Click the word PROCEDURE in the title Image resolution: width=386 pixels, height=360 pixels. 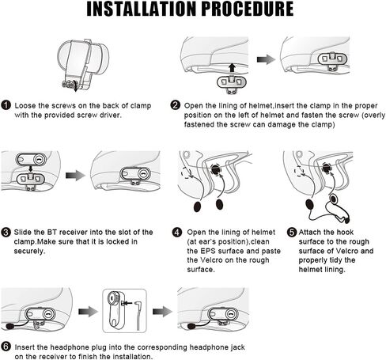pos(248,9)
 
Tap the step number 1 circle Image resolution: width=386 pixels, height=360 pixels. pos(6,105)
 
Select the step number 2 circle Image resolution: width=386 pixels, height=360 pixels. pos(176,105)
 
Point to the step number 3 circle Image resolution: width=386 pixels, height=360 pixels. pos(6,232)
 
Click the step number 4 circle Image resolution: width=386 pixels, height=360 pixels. pos(177,232)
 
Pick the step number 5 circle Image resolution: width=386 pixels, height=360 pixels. pos(292,232)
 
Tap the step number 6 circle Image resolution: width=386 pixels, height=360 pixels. pos(6,347)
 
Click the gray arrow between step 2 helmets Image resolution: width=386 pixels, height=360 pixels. pos(266,59)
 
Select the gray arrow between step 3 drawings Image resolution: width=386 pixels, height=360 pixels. pos(75,176)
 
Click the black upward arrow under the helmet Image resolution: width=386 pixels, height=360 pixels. pos(232,67)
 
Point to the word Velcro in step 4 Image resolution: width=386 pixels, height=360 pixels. pos(211,260)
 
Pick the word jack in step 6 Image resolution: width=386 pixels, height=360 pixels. pos(237,347)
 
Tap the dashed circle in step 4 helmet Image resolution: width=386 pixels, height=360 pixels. pos(187,172)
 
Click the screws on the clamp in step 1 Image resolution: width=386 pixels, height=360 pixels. pos(68,85)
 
